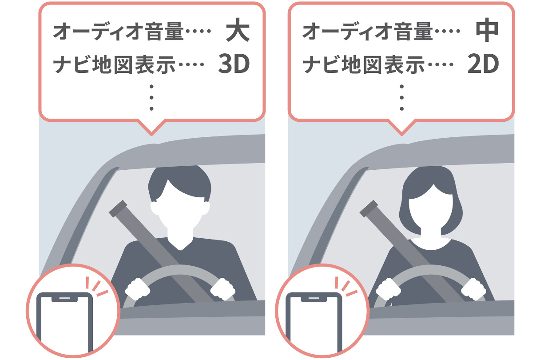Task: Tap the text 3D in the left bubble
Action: [x=234, y=65]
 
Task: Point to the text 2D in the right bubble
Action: [x=483, y=65]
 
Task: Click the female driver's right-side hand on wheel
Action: [x=472, y=290]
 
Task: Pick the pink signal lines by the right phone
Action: [x=348, y=287]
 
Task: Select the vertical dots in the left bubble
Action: [x=151, y=97]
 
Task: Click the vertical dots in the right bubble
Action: [x=401, y=97]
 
